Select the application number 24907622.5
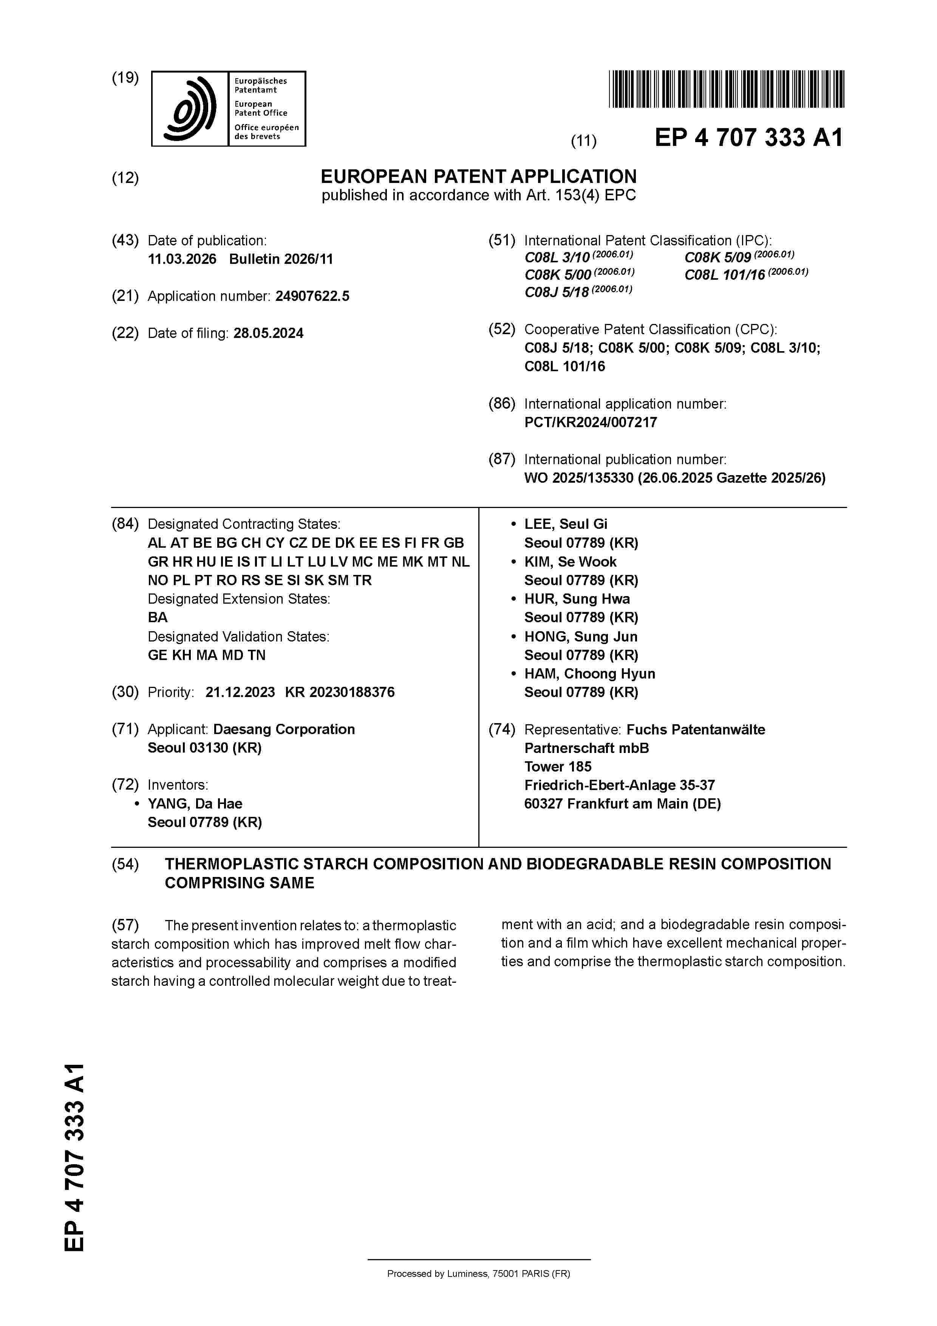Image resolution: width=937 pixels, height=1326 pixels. (x=312, y=296)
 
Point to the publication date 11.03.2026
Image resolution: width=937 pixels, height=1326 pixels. (x=182, y=259)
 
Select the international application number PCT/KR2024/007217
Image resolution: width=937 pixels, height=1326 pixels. (x=590, y=422)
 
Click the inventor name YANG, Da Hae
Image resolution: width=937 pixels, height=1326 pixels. (x=195, y=803)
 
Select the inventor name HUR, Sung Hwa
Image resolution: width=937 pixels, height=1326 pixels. (x=577, y=599)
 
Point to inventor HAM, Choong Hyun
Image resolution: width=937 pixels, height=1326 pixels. (x=589, y=674)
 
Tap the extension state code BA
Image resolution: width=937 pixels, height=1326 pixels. (x=158, y=617)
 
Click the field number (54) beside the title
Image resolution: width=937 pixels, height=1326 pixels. (x=125, y=864)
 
